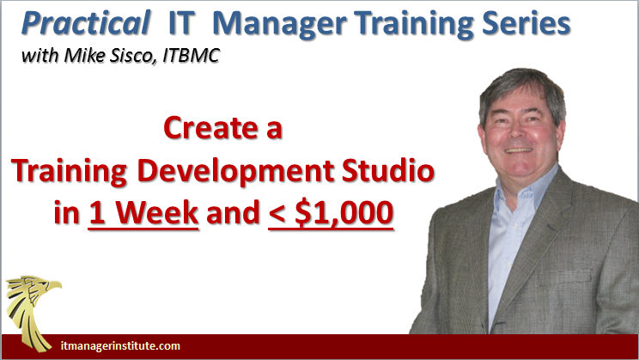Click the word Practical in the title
coord(86,24)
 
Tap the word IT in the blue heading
coord(181,23)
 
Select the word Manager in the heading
coord(279,25)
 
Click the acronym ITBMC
coord(192,56)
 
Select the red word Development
coord(236,172)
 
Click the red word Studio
coord(387,170)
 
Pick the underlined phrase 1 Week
coord(143,214)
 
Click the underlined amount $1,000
coord(344,213)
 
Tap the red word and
coord(233,213)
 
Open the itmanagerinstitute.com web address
coord(120,346)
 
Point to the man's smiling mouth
coord(519,150)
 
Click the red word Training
coord(69,172)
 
